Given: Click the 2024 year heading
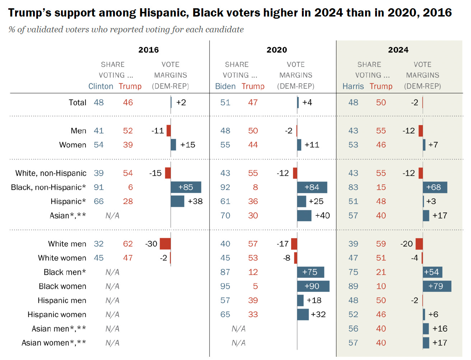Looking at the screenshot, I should [398, 50].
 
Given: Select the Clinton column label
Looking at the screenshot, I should [101, 86].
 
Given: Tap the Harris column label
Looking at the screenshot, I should [353, 86].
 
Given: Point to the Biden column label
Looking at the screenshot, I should [225, 86].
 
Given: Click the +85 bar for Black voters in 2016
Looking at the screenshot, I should [186, 187].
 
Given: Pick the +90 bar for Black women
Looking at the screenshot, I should [313, 286].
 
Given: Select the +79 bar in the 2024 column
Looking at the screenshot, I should [437, 286].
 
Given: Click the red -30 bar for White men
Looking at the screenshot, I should [165, 244].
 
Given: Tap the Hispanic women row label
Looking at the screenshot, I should [57, 315].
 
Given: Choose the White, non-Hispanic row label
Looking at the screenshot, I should [51, 173].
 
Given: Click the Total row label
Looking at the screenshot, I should [77, 102].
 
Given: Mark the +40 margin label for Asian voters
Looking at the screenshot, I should [322, 216].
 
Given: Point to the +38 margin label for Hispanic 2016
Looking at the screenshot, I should [195, 201].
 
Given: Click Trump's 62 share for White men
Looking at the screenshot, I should [128, 244].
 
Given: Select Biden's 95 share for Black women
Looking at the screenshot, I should [225, 286].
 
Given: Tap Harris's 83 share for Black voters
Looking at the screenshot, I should [353, 187].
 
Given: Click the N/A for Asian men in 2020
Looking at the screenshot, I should [238, 329].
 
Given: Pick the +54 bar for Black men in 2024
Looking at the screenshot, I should [432, 272].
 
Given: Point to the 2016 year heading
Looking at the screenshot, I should [148, 50].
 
